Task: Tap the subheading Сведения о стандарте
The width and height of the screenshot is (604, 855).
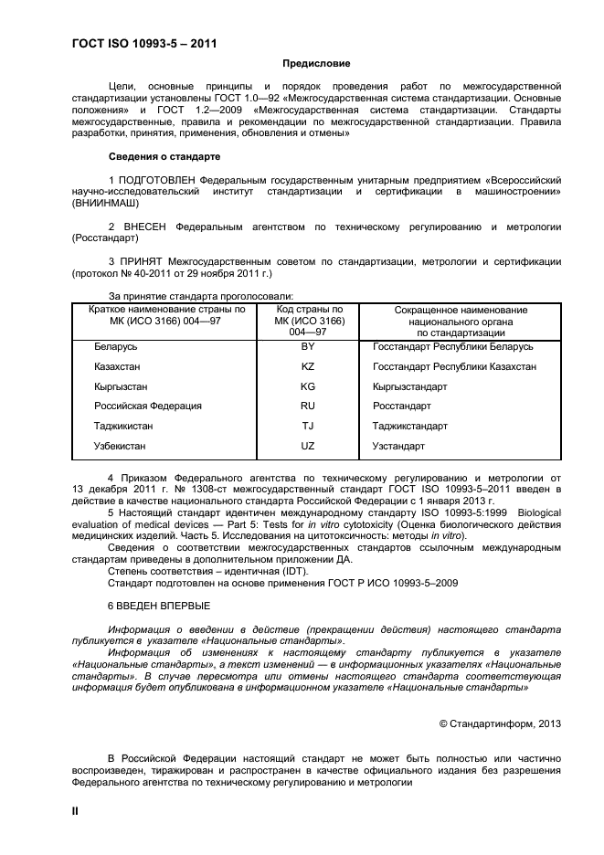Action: [164, 157]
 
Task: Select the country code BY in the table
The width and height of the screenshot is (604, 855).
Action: [308, 347]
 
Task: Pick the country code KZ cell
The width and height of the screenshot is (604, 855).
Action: [308, 366]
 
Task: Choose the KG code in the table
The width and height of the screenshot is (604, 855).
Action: [308, 386]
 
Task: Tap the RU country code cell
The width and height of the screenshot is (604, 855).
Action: [308, 406]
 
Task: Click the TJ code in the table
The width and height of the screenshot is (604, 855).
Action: [308, 426]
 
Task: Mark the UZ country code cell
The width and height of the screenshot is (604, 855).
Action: [308, 446]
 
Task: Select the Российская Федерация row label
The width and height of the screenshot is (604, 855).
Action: [148, 406]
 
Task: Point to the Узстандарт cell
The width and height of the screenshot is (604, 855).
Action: [398, 446]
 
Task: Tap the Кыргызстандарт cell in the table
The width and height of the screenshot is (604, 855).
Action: [410, 386]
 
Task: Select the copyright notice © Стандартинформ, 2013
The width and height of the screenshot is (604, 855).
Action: [500, 723]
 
